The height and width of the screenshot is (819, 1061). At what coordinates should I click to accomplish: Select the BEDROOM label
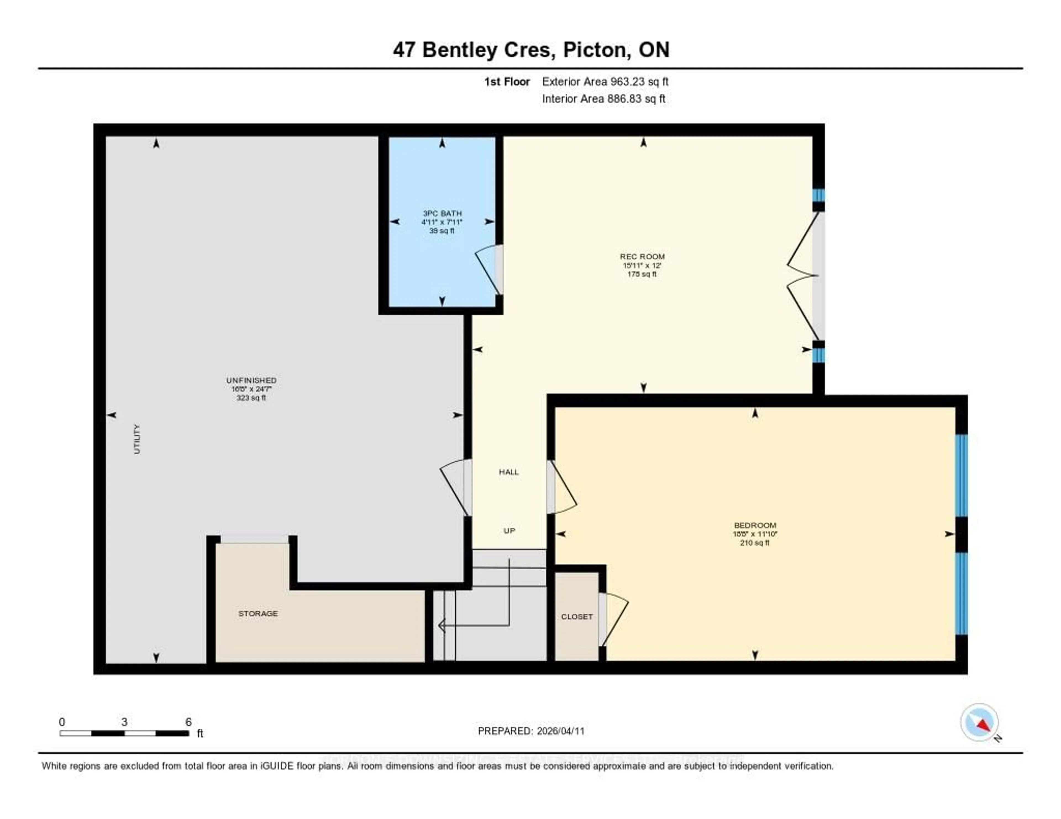[755, 525]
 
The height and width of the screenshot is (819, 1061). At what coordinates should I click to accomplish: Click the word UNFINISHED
[251, 381]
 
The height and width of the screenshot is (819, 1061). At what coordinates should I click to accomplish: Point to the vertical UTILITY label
[137, 439]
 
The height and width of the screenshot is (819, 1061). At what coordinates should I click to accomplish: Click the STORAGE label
[258, 614]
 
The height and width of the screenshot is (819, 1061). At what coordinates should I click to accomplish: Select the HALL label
[509, 472]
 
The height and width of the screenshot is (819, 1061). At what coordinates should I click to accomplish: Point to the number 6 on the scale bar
[188, 722]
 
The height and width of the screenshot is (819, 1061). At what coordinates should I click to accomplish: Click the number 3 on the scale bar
[124, 722]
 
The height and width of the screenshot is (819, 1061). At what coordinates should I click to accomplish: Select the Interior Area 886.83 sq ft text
[603, 99]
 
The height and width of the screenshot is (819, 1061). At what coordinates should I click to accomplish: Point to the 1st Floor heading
[507, 81]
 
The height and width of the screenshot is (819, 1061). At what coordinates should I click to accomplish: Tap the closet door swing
[614, 619]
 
